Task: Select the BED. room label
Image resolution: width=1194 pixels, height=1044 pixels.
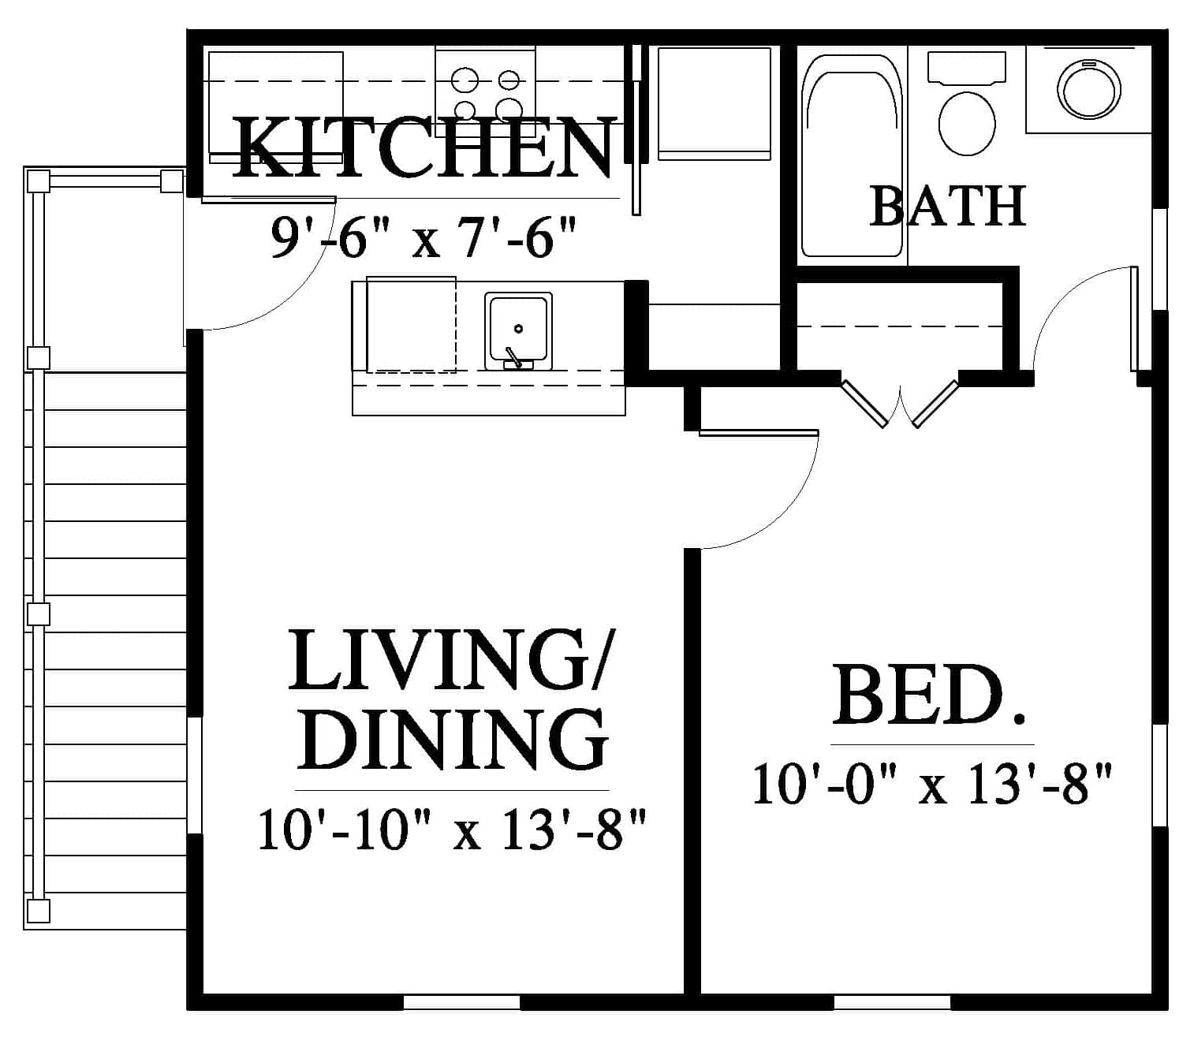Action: [928, 695]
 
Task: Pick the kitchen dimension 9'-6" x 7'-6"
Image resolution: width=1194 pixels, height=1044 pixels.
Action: [423, 238]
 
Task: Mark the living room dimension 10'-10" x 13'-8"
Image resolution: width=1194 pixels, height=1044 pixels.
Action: [452, 829]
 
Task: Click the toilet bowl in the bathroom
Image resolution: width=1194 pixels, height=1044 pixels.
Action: [966, 123]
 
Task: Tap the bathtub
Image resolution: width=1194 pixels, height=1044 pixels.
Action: [852, 156]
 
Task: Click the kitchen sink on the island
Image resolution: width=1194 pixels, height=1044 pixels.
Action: [518, 331]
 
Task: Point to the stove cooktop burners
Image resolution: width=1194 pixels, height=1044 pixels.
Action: [486, 93]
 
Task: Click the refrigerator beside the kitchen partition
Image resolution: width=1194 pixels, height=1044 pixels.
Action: [715, 103]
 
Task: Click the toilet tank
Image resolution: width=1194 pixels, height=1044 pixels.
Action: [966, 66]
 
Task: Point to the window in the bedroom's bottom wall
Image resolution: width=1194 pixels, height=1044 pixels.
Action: [892, 1001]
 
